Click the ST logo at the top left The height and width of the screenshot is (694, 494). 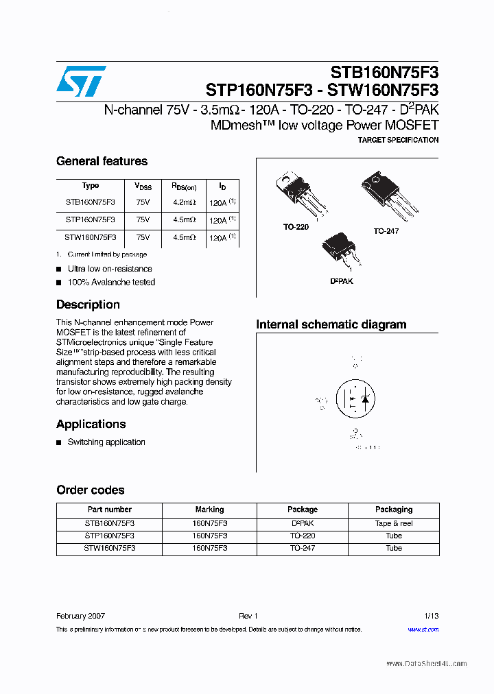pyautogui.click(x=81, y=82)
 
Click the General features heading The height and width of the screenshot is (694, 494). pyautogui.click(x=102, y=161)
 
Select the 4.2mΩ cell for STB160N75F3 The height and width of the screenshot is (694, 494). pyautogui.click(x=184, y=203)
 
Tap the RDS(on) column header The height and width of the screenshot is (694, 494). pyautogui.click(x=184, y=187)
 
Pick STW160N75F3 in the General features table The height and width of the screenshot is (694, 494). pyautogui.click(x=91, y=237)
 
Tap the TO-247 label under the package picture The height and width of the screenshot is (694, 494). pyautogui.click(x=386, y=231)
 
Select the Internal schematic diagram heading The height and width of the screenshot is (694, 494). pyautogui.click(x=331, y=324)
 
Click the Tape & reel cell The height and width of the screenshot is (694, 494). pyautogui.click(x=394, y=523)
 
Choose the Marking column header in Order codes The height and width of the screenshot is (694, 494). pyautogui.click(x=209, y=510)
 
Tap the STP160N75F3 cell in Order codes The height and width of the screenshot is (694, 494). pyautogui.click(x=110, y=536)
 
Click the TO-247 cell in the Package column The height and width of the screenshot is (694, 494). pyautogui.click(x=303, y=548)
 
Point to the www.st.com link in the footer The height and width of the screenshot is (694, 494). pyautogui.click(x=423, y=630)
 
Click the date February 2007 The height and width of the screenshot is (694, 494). pyautogui.click(x=80, y=616)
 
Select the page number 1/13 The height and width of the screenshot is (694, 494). pyautogui.click(x=431, y=616)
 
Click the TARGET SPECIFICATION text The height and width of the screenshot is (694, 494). pyautogui.click(x=398, y=140)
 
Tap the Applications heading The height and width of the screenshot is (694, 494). pyautogui.click(x=91, y=424)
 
